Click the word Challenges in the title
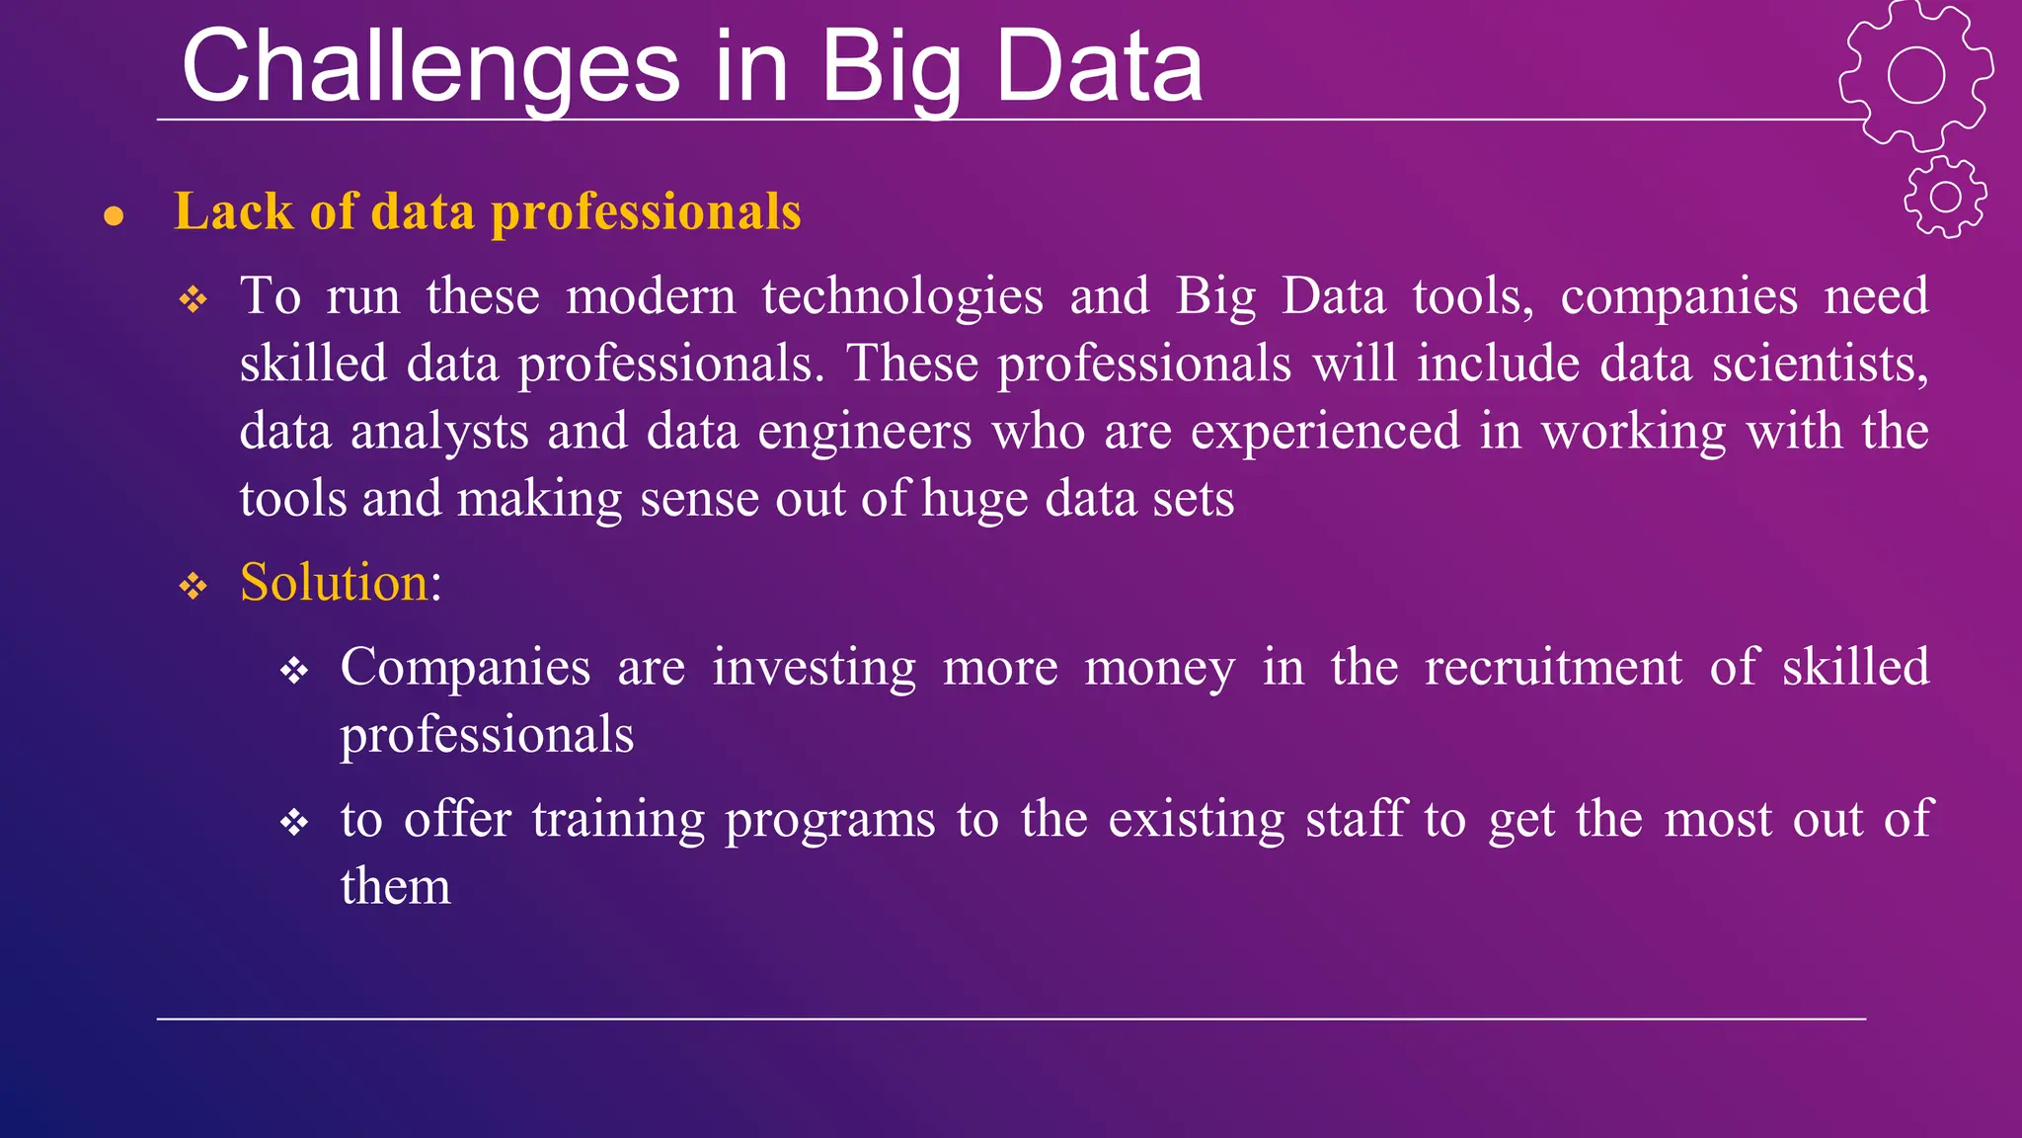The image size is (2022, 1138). point(430,67)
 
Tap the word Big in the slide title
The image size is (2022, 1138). point(891,67)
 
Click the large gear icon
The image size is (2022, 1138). point(1915,75)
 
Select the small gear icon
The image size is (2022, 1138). point(1945,197)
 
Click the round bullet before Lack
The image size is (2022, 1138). point(114,215)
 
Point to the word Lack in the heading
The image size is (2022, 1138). point(233,211)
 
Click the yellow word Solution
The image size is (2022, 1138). point(334,582)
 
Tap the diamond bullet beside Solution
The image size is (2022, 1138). point(193,587)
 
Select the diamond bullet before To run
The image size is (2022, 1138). point(193,299)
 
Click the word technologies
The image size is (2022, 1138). point(902,296)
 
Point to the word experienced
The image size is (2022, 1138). point(1325,432)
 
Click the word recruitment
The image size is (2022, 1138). point(1553,667)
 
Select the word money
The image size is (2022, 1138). point(1159,667)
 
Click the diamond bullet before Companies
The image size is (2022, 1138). point(294,672)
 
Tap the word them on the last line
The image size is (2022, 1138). point(395,886)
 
